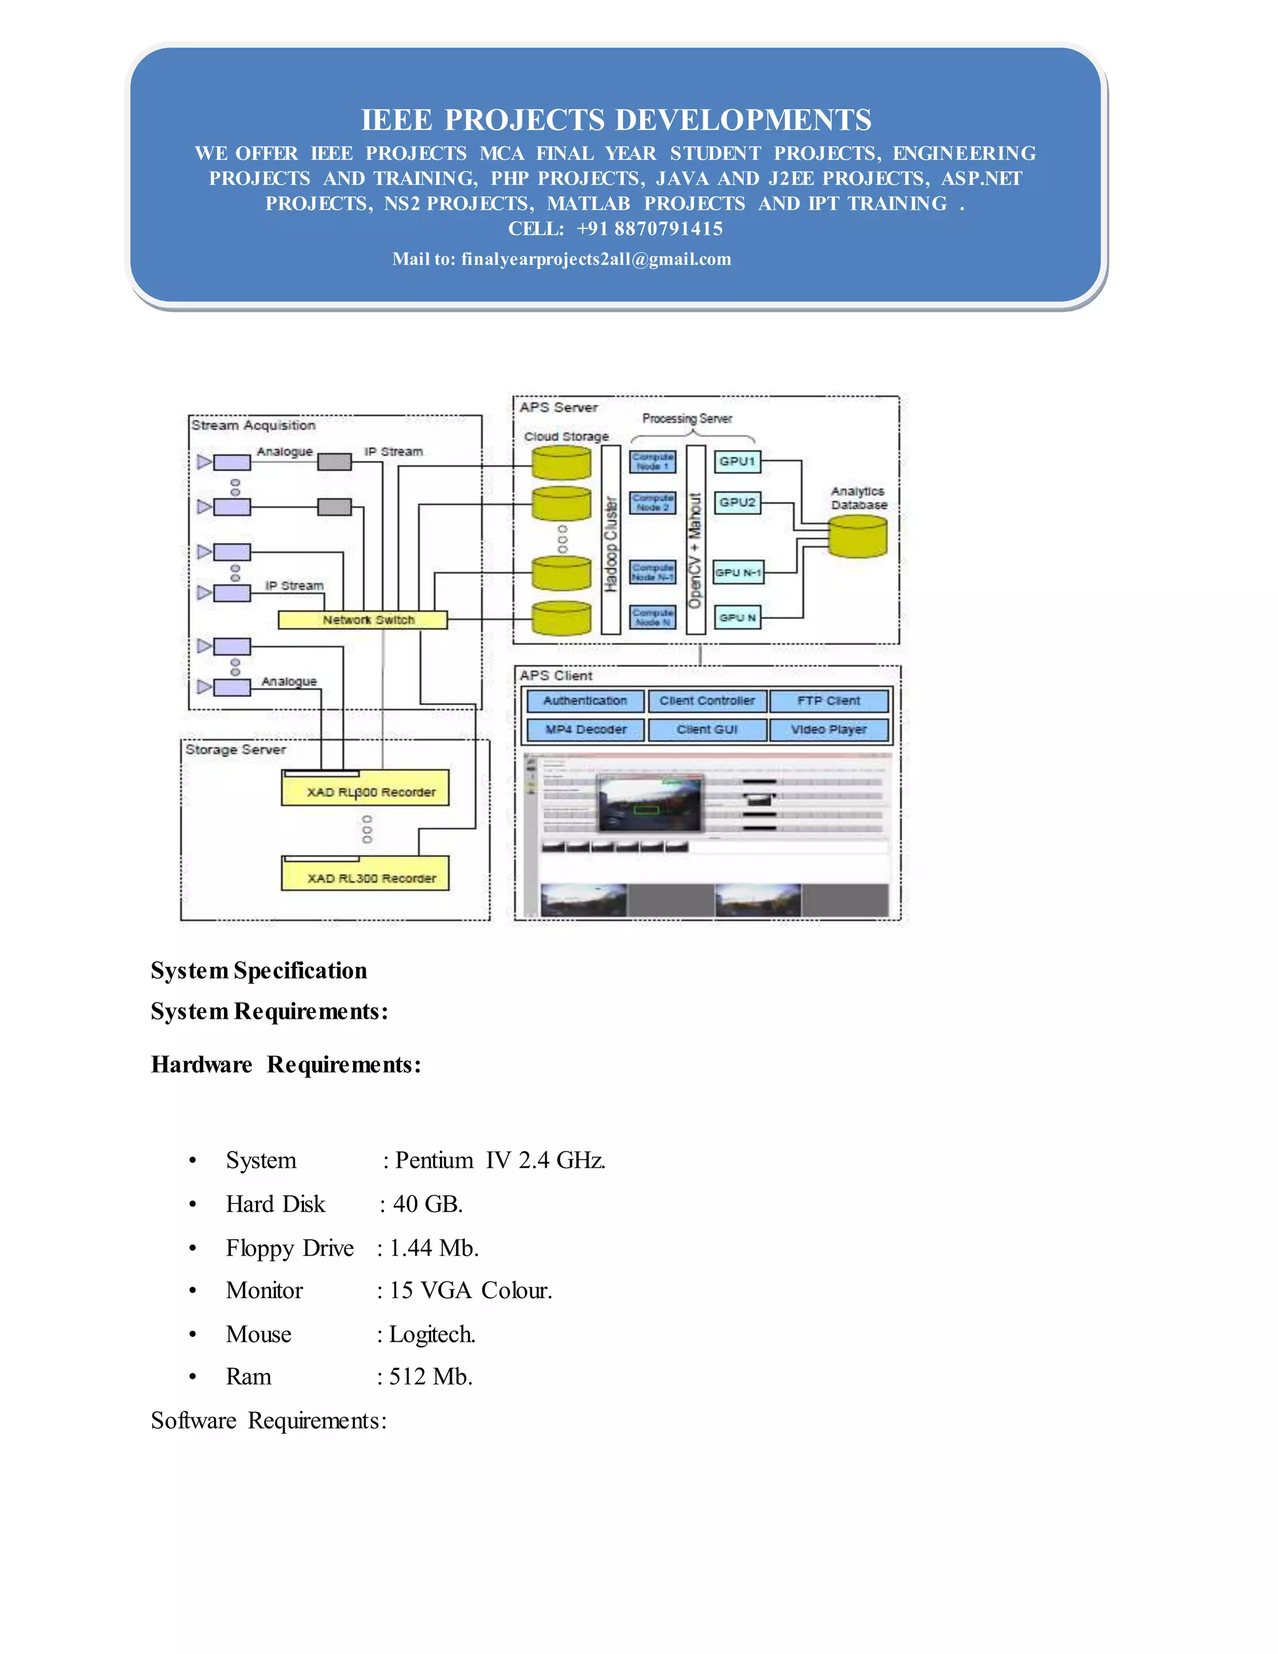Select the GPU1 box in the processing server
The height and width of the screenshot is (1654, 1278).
[737, 461]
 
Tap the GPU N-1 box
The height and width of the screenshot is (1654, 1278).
[738, 572]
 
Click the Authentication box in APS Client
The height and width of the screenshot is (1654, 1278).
[585, 700]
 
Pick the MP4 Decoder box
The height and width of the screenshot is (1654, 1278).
[585, 729]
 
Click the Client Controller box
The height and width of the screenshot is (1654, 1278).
[706, 700]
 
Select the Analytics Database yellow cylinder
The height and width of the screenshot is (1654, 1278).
[858, 537]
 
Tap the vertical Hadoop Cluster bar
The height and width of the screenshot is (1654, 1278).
[611, 539]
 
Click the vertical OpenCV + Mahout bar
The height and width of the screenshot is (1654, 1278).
[696, 539]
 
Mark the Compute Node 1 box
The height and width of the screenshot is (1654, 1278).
[653, 461]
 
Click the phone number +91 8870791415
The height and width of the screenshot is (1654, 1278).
[650, 228]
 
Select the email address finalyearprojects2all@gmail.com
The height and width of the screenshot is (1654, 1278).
[596, 259]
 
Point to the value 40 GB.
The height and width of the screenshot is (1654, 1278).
[427, 1204]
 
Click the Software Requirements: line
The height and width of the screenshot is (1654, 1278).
[269, 1420]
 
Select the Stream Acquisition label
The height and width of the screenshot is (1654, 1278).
[253, 426]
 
